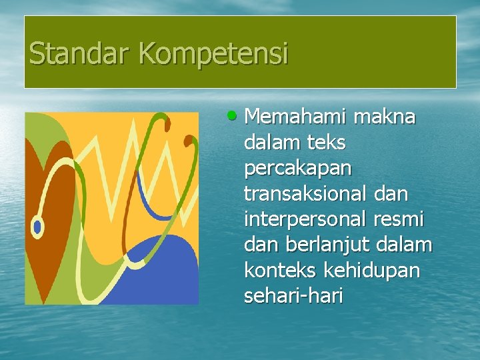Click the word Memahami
[295, 117]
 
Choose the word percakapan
[297, 169]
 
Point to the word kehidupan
[380, 270]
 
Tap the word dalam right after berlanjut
[404, 245]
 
